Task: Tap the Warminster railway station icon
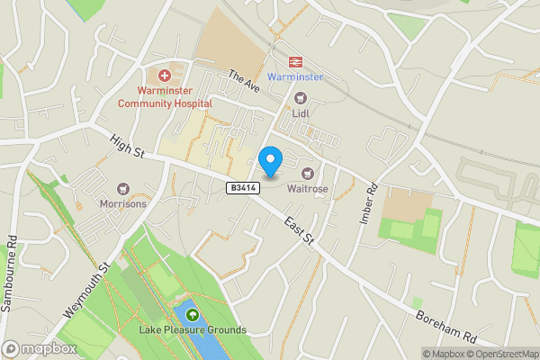pyautogui.click(x=293, y=61)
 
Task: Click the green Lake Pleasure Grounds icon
pyautogui.click(x=192, y=314)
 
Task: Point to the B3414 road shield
pyautogui.click(x=243, y=187)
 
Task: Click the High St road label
pyautogui.click(x=127, y=145)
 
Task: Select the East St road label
pyautogui.click(x=298, y=229)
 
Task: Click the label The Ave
pyautogui.click(x=243, y=81)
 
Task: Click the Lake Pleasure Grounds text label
pyautogui.click(x=192, y=330)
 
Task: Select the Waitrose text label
pyautogui.click(x=309, y=189)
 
